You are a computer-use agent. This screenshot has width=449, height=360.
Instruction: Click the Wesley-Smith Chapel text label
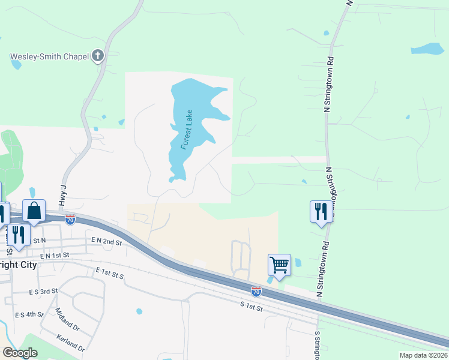point(50,57)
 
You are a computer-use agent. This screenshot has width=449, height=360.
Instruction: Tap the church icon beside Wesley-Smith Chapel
point(98,56)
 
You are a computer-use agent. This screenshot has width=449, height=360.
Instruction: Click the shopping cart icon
point(279,265)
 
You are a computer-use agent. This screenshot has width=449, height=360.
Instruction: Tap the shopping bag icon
point(34,211)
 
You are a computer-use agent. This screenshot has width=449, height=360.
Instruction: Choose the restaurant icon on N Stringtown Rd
point(320,211)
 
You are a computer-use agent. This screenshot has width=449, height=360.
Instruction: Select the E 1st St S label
point(109,273)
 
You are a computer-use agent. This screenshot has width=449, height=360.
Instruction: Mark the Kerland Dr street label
point(68,344)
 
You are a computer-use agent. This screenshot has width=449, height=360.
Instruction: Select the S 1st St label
point(252,306)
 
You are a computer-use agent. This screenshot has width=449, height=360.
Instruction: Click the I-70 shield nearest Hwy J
point(70,220)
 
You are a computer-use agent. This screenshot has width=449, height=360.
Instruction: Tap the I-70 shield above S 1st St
point(256,291)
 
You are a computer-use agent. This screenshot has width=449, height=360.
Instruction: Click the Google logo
point(20,353)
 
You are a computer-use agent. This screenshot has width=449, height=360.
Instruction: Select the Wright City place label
point(18,265)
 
